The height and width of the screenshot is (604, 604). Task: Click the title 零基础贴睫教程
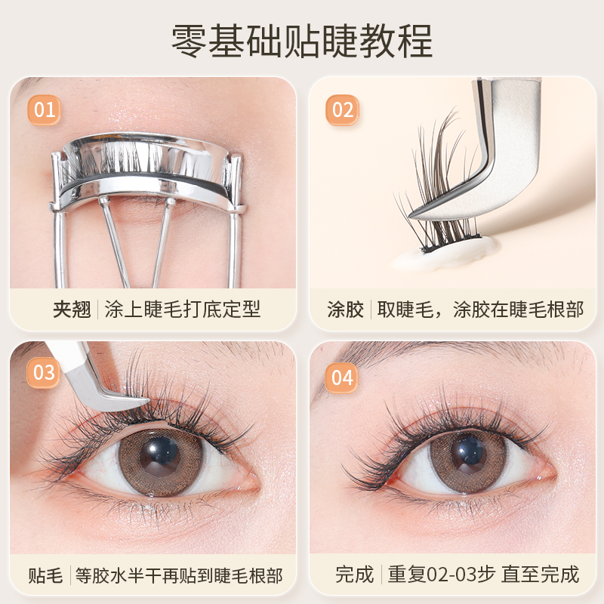pyautogui.click(x=302, y=41)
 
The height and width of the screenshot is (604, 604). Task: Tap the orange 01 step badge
pyautogui.click(x=45, y=109)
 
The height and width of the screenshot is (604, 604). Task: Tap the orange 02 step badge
pyautogui.click(x=343, y=110)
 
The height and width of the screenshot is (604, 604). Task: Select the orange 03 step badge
pyautogui.click(x=45, y=372)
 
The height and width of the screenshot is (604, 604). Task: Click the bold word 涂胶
pyautogui.click(x=346, y=310)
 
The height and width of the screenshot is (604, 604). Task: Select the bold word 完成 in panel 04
pyautogui.click(x=354, y=575)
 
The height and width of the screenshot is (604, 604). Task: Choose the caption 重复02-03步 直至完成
pyautogui.click(x=483, y=575)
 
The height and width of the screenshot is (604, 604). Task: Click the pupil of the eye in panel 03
pyautogui.click(x=160, y=455)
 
